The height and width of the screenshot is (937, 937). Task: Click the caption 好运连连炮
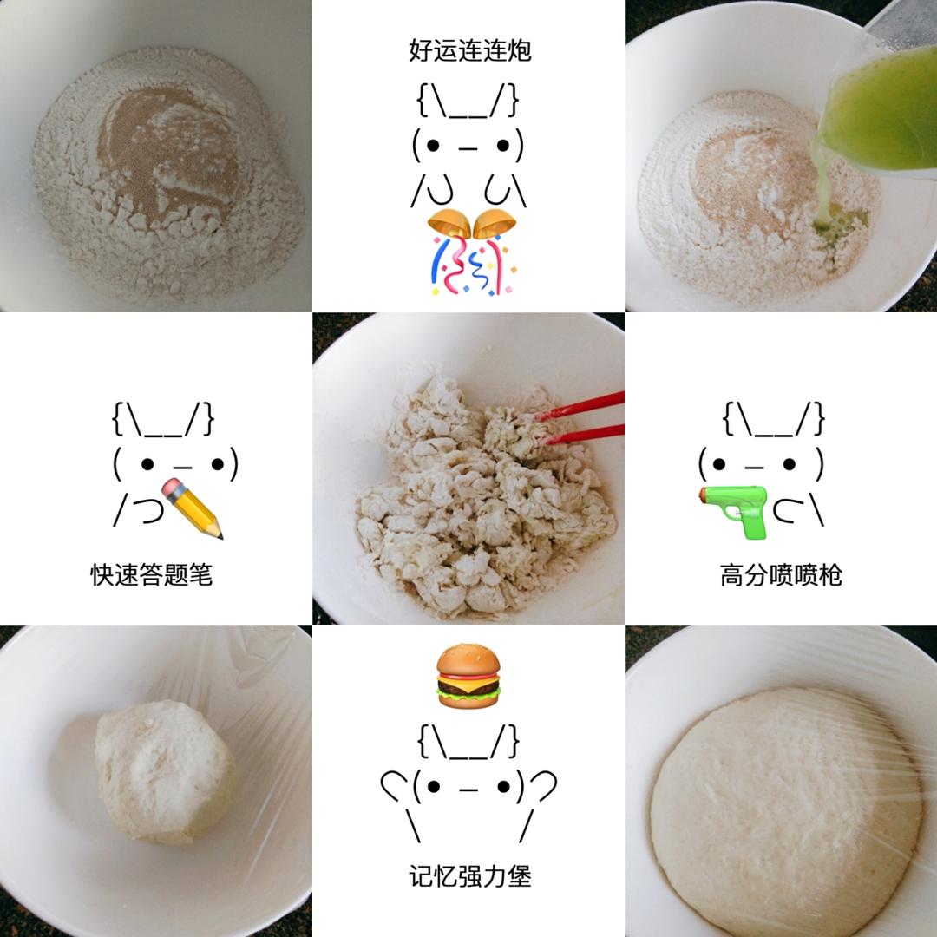[x=469, y=50]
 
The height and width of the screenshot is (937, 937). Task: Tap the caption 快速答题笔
[x=151, y=575]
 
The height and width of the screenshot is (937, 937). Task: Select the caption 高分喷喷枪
[x=781, y=575]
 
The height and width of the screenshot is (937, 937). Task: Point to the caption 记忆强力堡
[x=469, y=876]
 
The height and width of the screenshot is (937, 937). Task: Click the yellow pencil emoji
[x=192, y=508]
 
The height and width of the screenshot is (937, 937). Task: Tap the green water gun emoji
[x=734, y=511]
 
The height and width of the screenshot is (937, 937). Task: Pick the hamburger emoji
[x=468, y=676]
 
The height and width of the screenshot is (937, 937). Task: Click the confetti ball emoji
[x=471, y=252]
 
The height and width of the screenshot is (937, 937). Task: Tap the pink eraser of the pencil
[x=172, y=488]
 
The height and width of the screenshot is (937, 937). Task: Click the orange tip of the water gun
[x=703, y=495]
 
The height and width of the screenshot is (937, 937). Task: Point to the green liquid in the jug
[x=878, y=110]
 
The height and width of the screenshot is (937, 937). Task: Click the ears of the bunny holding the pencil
[x=162, y=419]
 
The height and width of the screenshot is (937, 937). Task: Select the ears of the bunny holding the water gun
[x=773, y=419]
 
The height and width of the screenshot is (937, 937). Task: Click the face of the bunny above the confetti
[x=468, y=145]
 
